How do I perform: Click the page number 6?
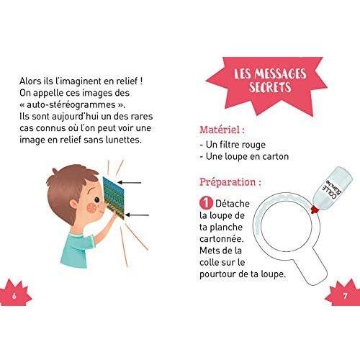pyautogui.click(x=14, y=296)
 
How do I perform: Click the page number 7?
pyautogui.click(x=345, y=296)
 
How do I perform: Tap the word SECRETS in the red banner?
pyautogui.click(x=270, y=87)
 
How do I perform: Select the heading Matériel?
pyautogui.click(x=222, y=130)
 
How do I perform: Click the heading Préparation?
pyautogui.click(x=230, y=182)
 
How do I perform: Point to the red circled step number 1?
pyautogui.click(x=206, y=203)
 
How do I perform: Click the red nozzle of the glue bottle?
pyautogui.click(x=315, y=209)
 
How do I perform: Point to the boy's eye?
pyautogui.click(x=96, y=199)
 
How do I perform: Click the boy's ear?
pyautogui.click(x=73, y=204)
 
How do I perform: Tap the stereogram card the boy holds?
pyautogui.click(x=114, y=197)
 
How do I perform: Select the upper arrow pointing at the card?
pyautogui.click(x=129, y=183)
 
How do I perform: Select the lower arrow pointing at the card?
pyautogui.click(x=137, y=215)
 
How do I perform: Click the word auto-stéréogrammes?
pyautogui.click(x=71, y=105)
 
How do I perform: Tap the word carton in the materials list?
pyautogui.click(x=276, y=156)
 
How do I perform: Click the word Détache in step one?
pyautogui.click(x=233, y=204)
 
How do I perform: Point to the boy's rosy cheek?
pyautogui.click(x=91, y=207)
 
